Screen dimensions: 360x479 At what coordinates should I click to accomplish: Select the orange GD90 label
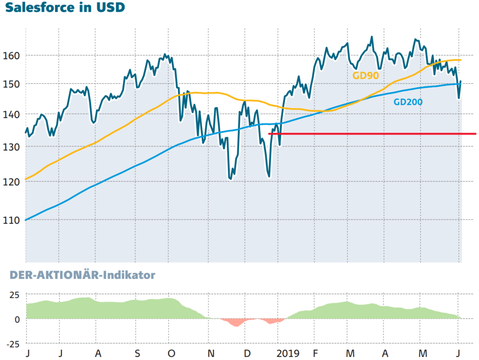pos(365,75)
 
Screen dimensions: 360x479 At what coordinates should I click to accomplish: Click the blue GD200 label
pos(408,102)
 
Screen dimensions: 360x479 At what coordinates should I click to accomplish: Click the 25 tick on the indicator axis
pos(14,295)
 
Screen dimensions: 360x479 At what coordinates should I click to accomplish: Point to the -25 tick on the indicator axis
pos(13,344)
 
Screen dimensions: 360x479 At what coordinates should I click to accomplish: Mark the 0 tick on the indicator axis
pos(17,319)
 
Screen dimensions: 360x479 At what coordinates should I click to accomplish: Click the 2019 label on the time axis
pos(287,354)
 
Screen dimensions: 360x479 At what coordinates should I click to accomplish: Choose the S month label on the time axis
pos(137,354)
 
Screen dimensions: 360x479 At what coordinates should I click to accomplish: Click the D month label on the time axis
pos(247,354)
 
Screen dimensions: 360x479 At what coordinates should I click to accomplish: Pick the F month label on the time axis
pos(315,354)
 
